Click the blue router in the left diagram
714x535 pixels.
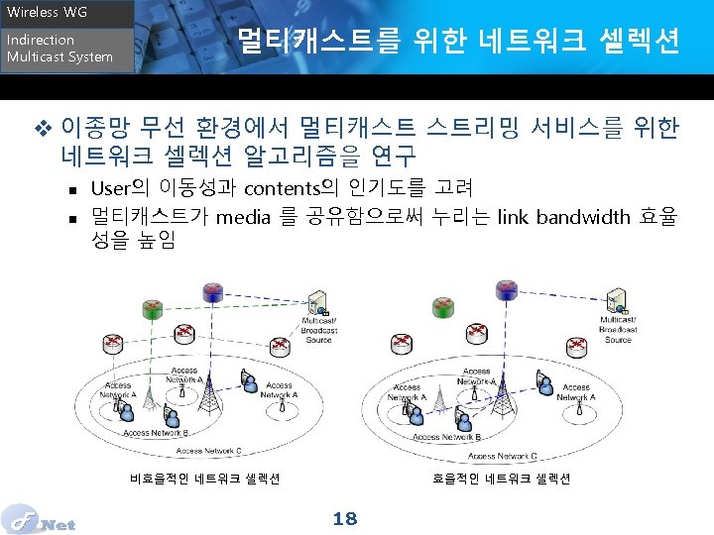click(210, 291)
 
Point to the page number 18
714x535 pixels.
click(345, 518)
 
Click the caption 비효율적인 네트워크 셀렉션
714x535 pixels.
click(204, 479)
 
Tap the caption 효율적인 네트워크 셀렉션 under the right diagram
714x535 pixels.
click(501, 479)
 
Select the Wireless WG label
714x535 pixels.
click(48, 13)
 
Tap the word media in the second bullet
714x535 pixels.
click(243, 217)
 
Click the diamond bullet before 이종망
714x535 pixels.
click(42, 128)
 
